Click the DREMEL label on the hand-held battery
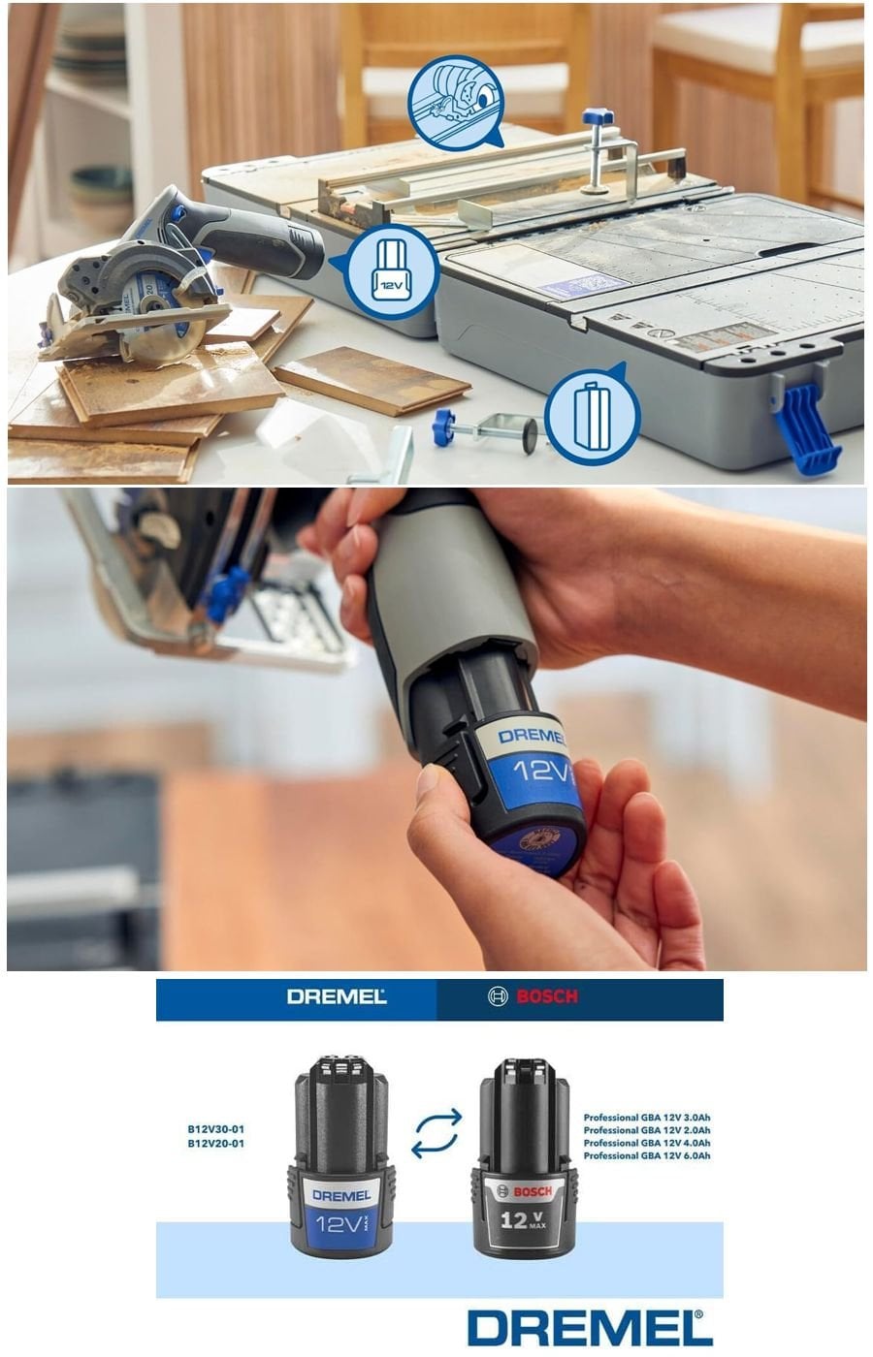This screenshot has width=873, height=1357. [x=531, y=737]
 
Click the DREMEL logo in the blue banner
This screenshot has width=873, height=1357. [x=336, y=997]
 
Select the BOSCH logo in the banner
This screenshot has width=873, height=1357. [x=533, y=997]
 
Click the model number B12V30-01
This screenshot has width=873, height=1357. [x=215, y=1129]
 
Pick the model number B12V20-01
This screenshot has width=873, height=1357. [x=215, y=1144]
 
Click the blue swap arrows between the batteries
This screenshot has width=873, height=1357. [x=436, y=1134]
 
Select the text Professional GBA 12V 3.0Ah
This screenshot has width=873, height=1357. [x=646, y=1118]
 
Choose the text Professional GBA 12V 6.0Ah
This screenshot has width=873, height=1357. [x=646, y=1156]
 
